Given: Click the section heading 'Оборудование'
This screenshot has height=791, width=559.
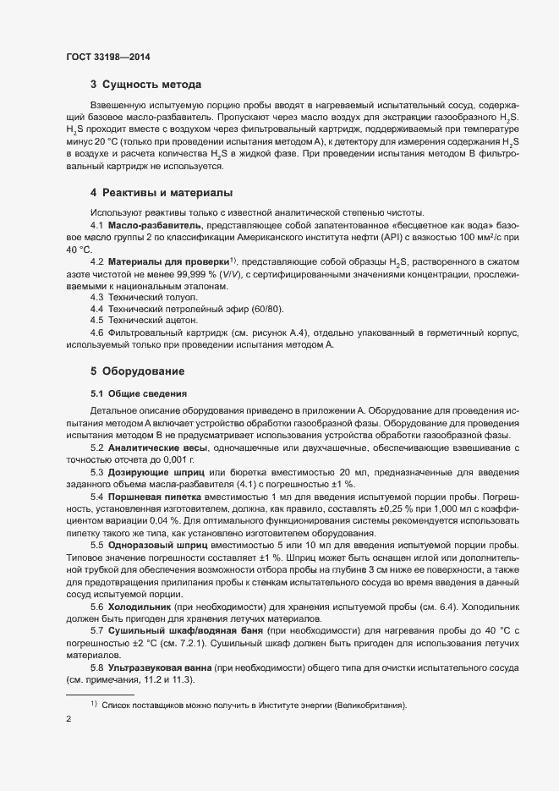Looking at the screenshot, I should tap(138, 371).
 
